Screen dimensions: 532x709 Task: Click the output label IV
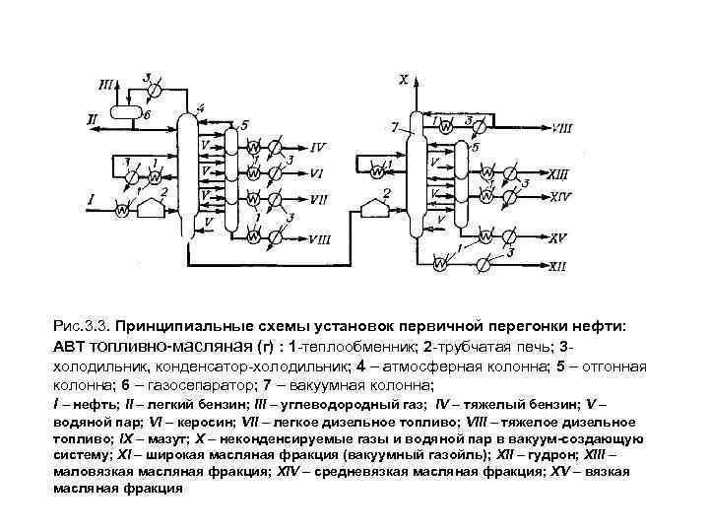click(x=317, y=148)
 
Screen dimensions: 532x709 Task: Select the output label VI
click(x=317, y=172)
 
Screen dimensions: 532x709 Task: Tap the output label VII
click(x=318, y=198)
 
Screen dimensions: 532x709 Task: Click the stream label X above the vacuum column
click(x=403, y=77)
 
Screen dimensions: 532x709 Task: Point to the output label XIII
click(x=559, y=172)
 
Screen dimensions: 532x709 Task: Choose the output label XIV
click(x=560, y=197)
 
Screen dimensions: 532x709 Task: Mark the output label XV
click(x=558, y=237)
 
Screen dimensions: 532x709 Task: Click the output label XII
click(x=557, y=266)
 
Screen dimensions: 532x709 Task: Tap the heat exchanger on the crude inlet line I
click(x=122, y=210)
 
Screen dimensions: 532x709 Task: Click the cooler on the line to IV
click(x=275, y=149)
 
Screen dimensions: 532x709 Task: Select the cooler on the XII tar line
click(x=483, y=265)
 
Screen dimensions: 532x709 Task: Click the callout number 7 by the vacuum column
click(x=394, y=128)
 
